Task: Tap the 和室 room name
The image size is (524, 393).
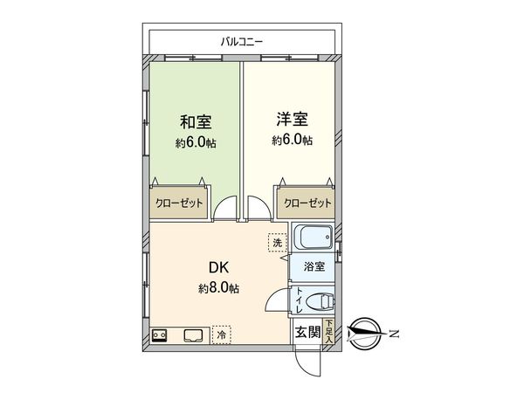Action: (x=196, y=121)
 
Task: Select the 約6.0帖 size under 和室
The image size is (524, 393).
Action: (x=196, y=141)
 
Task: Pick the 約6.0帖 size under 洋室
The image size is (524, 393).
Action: (x=291, y=141)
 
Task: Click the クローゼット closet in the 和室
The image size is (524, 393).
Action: (x=179, y=203)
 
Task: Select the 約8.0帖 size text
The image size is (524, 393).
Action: (x=219, y=288)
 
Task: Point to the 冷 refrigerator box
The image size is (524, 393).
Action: (x=222, y=334)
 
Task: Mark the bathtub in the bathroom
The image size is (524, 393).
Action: (x=311, y=238)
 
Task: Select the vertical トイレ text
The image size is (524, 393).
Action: (x=300, y=300)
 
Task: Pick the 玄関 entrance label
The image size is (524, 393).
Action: (x=307, y=332)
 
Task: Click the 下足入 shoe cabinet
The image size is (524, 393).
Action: (x=328, y=331)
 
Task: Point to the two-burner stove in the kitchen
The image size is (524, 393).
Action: (x=161, y=334)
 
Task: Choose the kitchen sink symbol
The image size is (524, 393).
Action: (x=193, y=334)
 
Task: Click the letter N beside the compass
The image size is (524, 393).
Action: (x=393, y=333)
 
